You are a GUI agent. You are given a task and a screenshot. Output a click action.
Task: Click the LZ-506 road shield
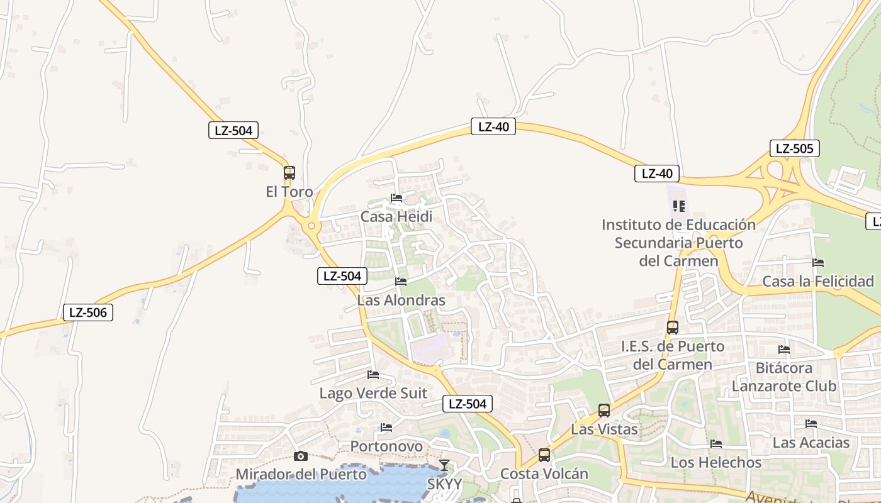click(88, 312)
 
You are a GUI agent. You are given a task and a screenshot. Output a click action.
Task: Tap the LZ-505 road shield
click(794, 149)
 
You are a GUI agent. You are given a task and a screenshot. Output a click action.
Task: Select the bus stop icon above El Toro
click(289, 172)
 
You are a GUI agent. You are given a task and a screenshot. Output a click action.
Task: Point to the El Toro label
click(289, 192)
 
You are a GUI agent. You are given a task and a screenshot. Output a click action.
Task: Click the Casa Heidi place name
click(396, 217)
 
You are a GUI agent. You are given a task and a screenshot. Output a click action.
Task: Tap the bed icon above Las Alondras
click(401, 281)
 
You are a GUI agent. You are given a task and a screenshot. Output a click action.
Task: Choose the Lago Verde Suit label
click(373, 394)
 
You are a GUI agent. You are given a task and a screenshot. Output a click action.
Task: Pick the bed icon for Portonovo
click(386, 428)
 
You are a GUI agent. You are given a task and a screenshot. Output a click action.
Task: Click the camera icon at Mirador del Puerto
click(301, 456)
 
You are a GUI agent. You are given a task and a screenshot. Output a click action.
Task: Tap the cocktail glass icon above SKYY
click(444, 465)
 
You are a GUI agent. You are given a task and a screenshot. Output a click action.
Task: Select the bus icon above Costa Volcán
click(544, 455)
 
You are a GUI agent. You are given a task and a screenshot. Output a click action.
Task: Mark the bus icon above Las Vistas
click(604, 411)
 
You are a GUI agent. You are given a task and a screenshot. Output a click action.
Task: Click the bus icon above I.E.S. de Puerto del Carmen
click(673, 328)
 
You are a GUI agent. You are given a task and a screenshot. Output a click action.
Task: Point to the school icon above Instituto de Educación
click(678, 206)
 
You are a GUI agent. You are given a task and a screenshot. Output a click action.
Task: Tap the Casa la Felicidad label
click(818, 282)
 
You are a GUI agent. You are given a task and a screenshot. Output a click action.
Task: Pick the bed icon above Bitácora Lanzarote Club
click(784, 349)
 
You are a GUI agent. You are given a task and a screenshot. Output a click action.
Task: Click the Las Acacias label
click(811, 443)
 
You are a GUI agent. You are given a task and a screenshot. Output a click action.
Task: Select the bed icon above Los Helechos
click(716, 444)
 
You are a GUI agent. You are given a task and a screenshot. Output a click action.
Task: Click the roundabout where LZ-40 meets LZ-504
click(311, 225)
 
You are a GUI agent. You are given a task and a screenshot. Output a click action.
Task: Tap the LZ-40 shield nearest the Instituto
click(657, 174)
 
